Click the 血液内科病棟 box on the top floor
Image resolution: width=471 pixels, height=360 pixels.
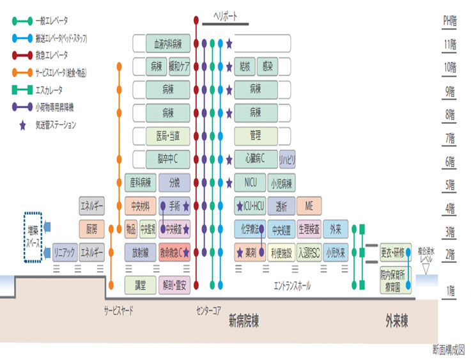click(168, 43)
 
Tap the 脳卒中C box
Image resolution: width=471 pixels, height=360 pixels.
click(168, 158)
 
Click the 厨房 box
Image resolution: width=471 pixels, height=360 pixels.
click(91, 228)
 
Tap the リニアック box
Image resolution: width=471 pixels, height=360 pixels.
click(64, 251)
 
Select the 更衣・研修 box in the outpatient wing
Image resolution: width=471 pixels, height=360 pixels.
click(396, 251)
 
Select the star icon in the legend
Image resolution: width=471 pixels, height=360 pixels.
click(24, 125)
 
